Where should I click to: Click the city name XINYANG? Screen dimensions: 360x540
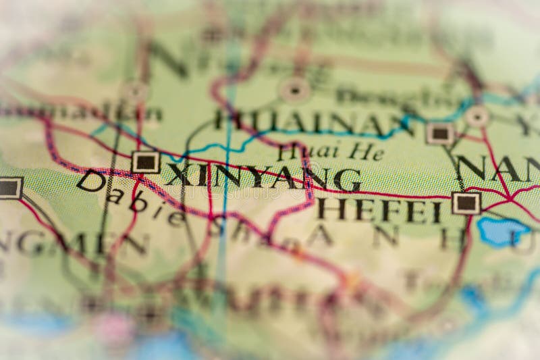coord(263,177)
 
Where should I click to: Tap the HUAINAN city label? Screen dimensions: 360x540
coord(310,122)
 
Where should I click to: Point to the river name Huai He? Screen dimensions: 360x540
coord(330,152)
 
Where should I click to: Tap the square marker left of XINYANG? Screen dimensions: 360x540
coord(145,162)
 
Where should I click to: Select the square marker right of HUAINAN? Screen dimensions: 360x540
coord(440,133)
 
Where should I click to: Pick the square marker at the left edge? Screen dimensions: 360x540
coord(9,188)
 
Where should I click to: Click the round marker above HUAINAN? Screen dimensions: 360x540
coord(295,89)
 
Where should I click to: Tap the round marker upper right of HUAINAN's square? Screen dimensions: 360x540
coord(477,116)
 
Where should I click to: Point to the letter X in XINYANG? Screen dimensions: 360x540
coord(178,175)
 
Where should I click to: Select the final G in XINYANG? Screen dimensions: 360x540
coord(348,180)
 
